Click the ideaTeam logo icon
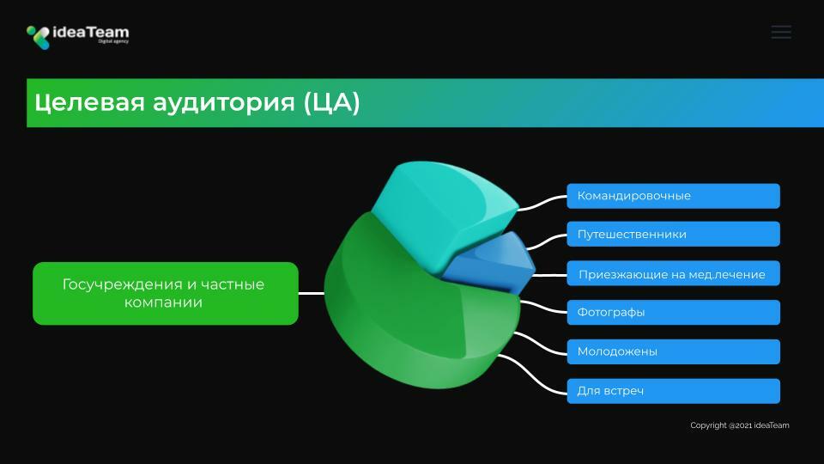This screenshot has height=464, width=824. pyautogui.click(x=39, y=37)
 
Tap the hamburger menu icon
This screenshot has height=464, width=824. pyautogui.click(x=781, y=32)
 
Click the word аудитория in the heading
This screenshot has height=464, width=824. pyautogui.click(x=224, y=102)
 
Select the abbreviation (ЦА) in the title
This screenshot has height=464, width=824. pyautogui.click(x=332, y=102)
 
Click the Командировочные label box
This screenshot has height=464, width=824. pyautogui.click(x=673, y=196)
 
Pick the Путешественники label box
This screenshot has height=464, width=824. pyautogui.click(x=673, y=234)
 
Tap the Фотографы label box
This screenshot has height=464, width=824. pyautogui.click(x=673, y=313)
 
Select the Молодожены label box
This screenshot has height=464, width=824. pyautogui.click(x=673, y=351)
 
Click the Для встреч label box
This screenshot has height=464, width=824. pyautogui.click(x=673, y=391)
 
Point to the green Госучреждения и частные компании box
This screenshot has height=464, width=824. pyautogui.click(x=166, y=293)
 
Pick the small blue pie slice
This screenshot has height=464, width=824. pyautogui.click(x=491, y=263)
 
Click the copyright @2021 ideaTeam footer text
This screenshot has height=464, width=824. pyautogui.click(x=739, y=425)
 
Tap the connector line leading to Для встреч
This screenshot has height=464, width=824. pyautogui.click(x=532, y=374)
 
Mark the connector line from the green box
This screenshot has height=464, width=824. pyautogui.click(x=311, y=293)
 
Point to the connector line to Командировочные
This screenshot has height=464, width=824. pyautogui.click(x=542, y=203)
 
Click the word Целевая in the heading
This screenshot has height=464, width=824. pyautogui.click(x=89, y=102)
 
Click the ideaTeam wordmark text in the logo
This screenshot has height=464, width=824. pyautogui.click(x=91, y=33)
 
